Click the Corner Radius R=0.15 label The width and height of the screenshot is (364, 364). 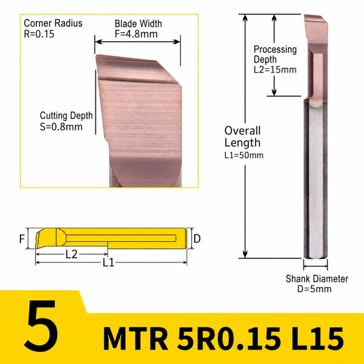point(53,29)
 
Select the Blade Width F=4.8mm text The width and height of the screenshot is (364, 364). point(138,29)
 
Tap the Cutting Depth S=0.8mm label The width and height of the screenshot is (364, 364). point(66,121)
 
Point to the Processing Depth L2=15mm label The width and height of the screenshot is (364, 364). point(275,59)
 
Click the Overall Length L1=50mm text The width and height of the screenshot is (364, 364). point(244,142)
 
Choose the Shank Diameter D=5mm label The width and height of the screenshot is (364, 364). point(316,284)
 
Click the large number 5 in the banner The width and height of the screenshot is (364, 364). point(41,326)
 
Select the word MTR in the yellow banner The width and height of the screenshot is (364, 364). point(135,338)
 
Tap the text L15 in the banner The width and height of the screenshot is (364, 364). point(317,338)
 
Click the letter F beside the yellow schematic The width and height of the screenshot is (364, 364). point(22,239)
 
